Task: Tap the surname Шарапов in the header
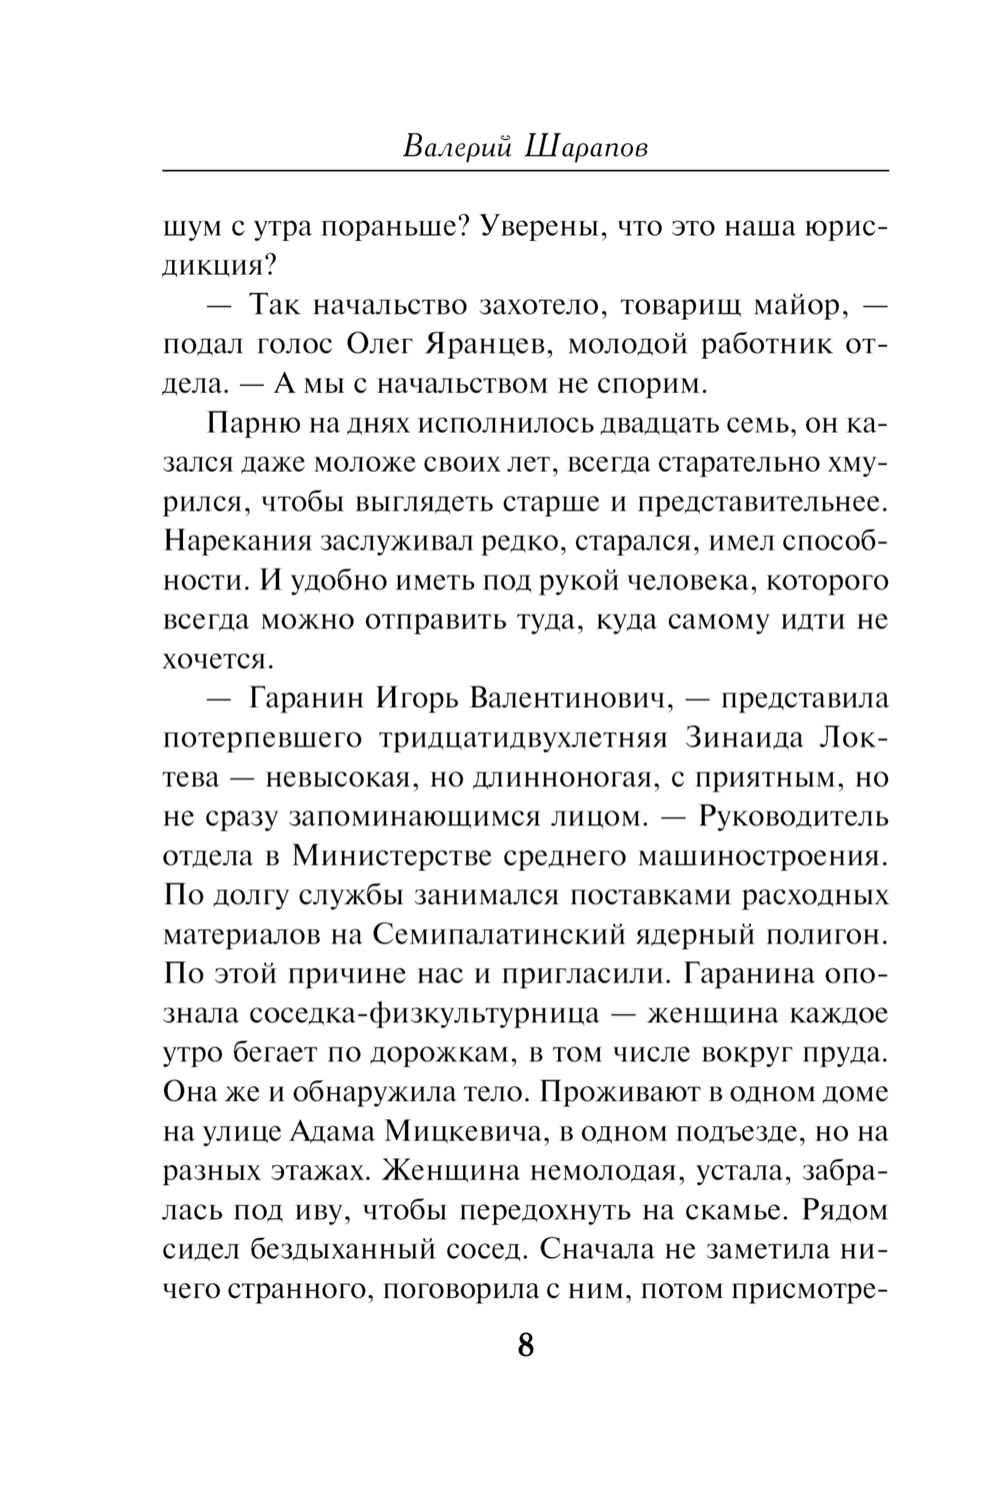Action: tap(584, 147)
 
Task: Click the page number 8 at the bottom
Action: tap(526, 1344)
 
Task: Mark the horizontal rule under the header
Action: tap(525, 171)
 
